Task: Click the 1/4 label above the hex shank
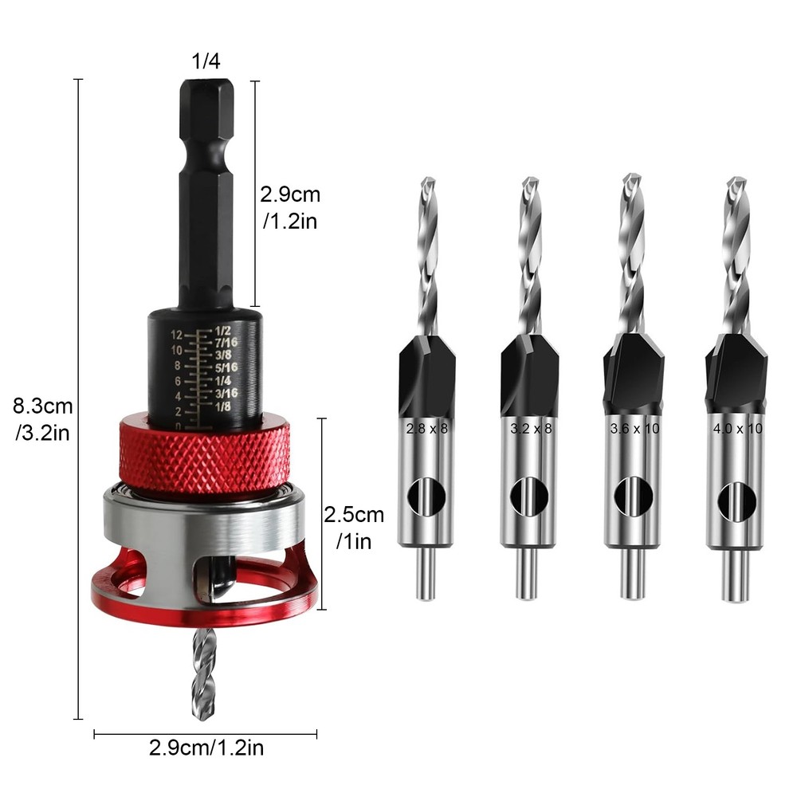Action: [205, 62]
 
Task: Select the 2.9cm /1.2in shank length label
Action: [290, 206]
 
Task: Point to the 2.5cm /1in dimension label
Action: [354, 527]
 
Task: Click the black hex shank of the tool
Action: [205, 191]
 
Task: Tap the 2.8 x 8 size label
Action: [427, 428]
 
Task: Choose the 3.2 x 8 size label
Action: [529, 428]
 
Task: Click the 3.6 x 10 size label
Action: [634, 428]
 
